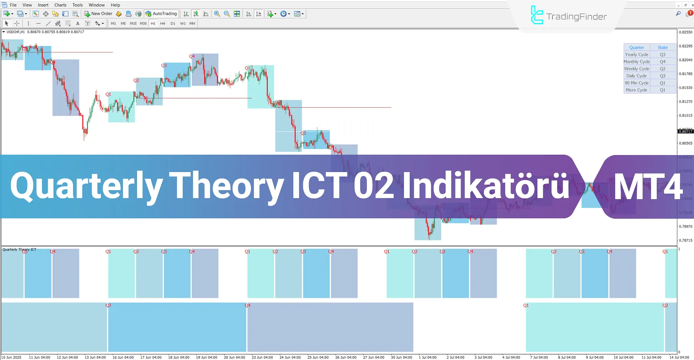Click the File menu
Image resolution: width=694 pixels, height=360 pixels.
13,5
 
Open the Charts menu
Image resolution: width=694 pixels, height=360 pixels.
60,5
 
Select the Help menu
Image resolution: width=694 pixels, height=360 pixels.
115,5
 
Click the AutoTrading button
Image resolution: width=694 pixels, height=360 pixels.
161,14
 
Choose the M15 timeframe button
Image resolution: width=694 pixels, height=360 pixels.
133,23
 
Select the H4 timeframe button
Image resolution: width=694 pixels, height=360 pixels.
163,23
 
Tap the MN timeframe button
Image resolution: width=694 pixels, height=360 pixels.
192,23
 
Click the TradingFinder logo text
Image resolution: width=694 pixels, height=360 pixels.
576,17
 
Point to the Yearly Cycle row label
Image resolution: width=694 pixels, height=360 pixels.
636,55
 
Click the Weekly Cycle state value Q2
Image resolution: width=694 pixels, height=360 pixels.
663,69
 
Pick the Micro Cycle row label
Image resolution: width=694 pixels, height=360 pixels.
636,90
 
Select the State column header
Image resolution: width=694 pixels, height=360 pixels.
663,47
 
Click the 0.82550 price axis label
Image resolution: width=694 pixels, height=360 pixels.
686,32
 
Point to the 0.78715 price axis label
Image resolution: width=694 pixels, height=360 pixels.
686,240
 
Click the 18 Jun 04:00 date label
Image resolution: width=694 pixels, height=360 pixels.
179,357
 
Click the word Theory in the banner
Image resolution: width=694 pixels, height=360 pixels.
226,186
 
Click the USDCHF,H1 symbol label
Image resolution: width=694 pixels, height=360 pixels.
16,32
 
